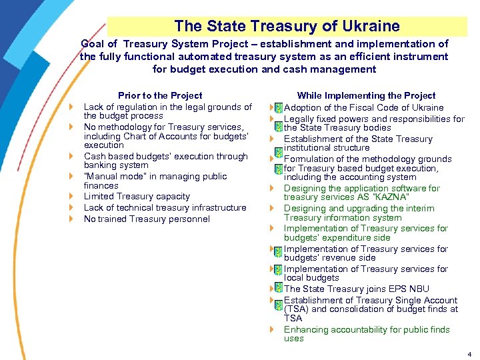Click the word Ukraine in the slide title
[370, 27]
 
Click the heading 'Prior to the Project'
[160, 95]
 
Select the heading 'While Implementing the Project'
[366, 95]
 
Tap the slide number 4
[469, 354]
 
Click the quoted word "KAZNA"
[390, 197]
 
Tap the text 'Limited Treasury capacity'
[137, 197]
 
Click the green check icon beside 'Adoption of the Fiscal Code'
[278, 108]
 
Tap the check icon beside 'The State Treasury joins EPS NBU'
[278, 289]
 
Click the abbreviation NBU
[419, 289]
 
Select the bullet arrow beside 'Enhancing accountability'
[272, 329]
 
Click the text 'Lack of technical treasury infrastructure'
[165, 208]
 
